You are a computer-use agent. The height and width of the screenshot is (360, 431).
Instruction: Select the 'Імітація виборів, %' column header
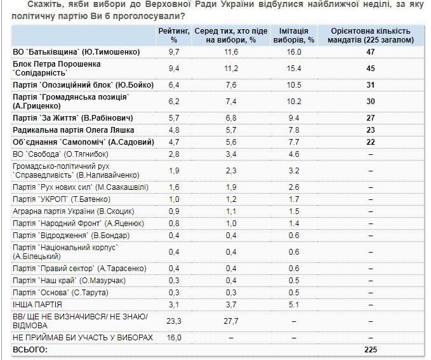coord(293,36)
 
